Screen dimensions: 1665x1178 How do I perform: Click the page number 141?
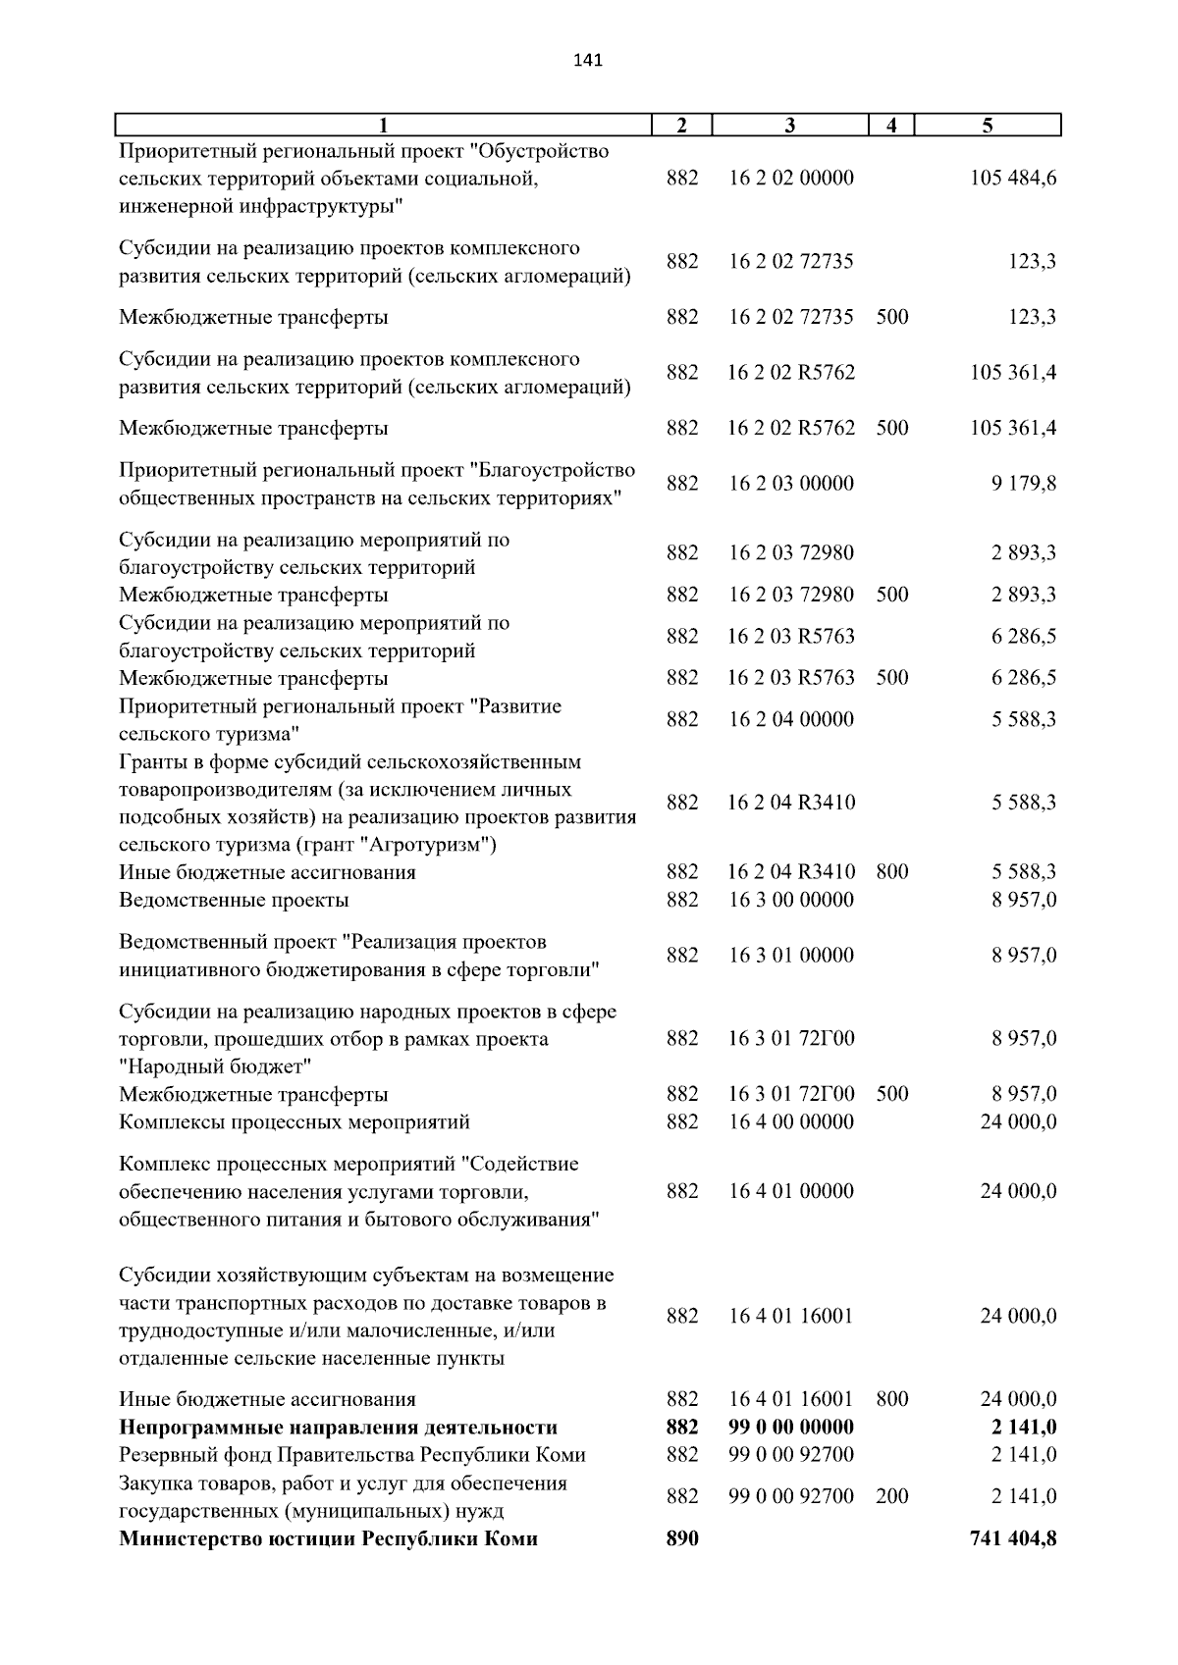coord(587,61)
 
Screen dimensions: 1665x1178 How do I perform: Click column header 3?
coord(790,125)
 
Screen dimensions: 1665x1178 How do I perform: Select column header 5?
coord(988,125)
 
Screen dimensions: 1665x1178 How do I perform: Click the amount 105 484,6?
coord(1013,179)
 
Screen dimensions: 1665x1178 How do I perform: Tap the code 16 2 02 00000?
coord(790,179)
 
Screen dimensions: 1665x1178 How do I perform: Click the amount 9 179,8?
coord(1024,484)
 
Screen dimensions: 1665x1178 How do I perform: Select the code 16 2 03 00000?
coord(790,484)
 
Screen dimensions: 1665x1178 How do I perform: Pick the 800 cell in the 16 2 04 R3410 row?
coord(891,872)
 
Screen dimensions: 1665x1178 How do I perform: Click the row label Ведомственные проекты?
coord(234,900)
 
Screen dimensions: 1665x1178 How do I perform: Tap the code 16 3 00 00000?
coord(790,900)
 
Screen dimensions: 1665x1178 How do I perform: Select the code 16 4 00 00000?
coord(790,1121)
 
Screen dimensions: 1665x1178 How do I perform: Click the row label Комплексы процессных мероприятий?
coord(294,1121)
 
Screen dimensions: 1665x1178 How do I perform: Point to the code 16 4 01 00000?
coord(790,1191)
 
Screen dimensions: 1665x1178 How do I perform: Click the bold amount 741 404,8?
coord(1013,1538)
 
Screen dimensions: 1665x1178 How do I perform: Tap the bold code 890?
coord(682,1538)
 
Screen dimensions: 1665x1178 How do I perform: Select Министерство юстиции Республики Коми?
coord(328,1538)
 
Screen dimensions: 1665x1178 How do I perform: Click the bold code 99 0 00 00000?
coord(790,1427)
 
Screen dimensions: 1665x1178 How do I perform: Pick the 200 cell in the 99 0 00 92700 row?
coord(891,1496)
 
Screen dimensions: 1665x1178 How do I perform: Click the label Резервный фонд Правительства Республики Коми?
coord(351,1454)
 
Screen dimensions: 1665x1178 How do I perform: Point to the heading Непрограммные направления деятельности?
coord(338,1427)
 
